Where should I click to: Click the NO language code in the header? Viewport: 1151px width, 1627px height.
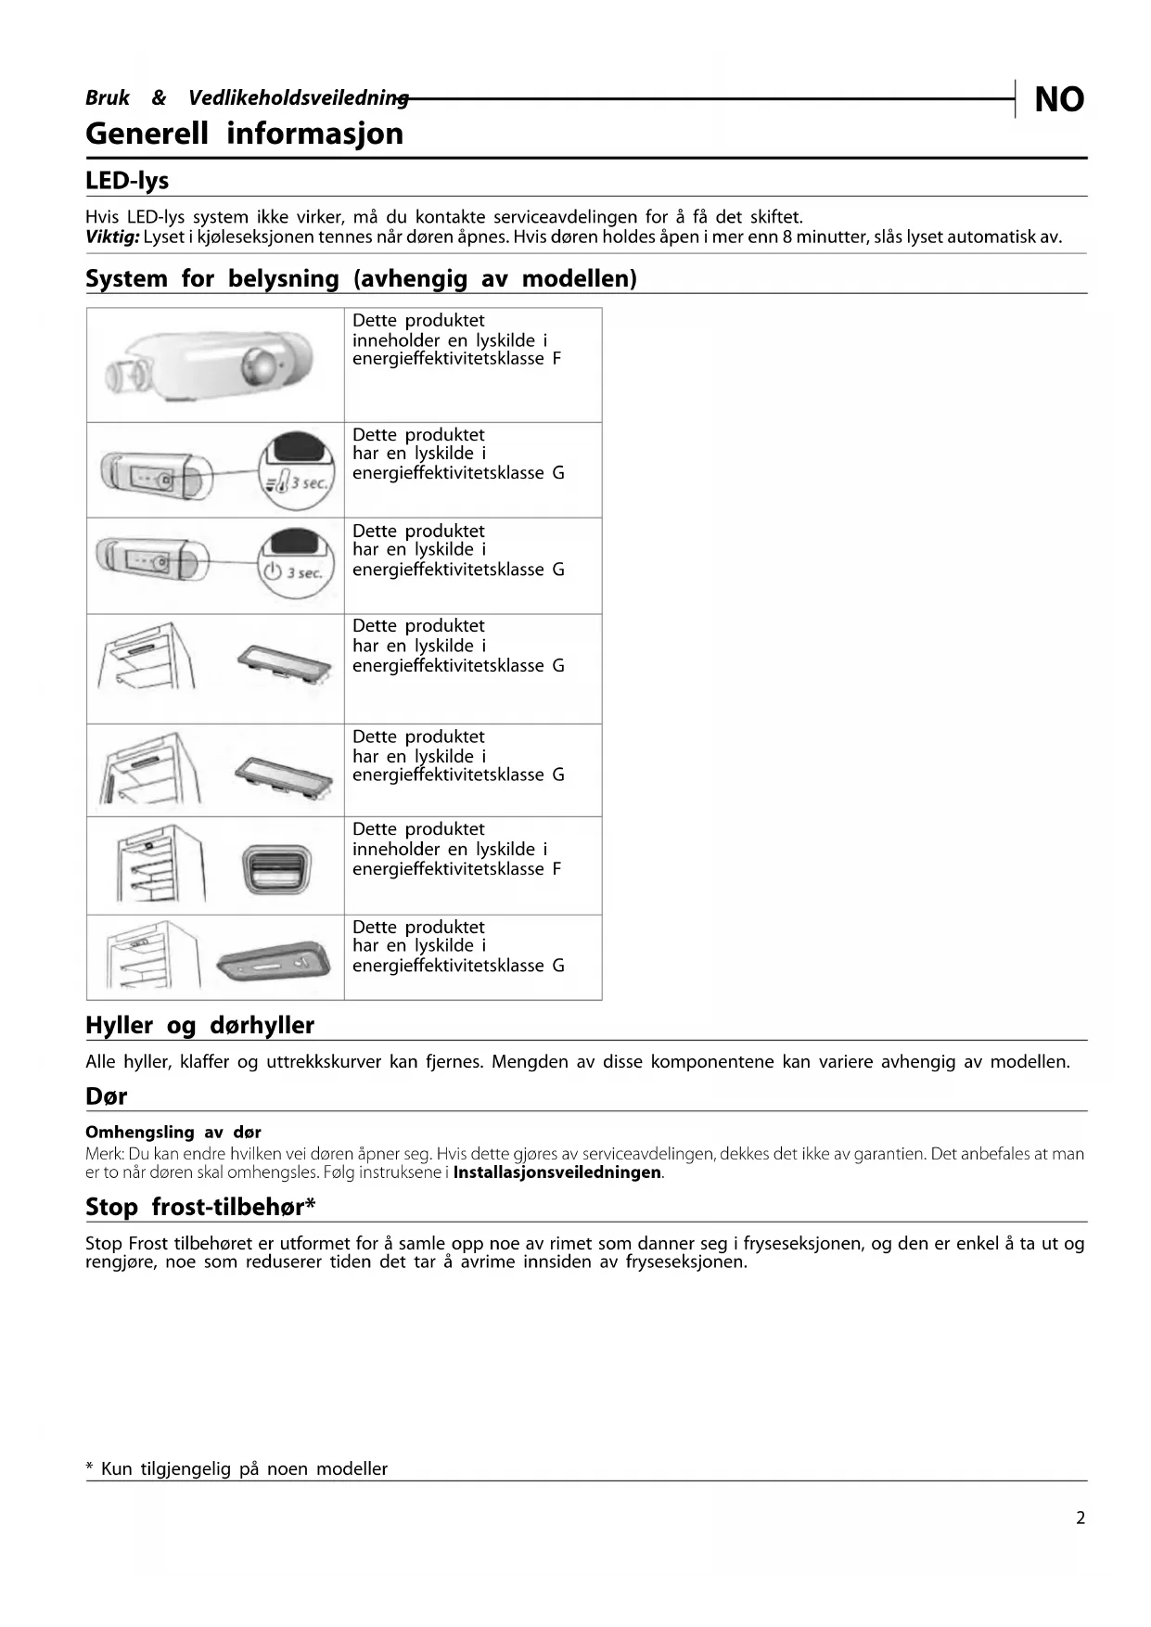pyautogui.click(x=1058, y=99)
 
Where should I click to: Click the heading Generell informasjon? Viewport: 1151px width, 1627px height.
pyautogui.click(x=244, y=134)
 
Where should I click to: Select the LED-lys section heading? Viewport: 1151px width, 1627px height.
pyautogui.click(x=127, y=180)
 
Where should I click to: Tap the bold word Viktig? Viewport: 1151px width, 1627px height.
pyautogui.click(x=112, y=237)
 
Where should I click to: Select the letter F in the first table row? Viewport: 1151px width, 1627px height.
pyautogui.click(x=556, y=359)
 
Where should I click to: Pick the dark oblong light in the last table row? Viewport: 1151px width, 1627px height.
pyautogui.click(x=274, y=961)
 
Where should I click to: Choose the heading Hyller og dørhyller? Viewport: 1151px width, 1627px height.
pyautogui.click(x=199, y=1025)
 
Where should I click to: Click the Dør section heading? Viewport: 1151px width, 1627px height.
pyautogui.click(x=106, y=1095)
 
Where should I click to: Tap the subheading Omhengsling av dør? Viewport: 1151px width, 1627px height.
pyautogui.click(x=173, y=1132)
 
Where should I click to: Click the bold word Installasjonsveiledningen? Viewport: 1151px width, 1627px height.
pyautogui.click(x=557, y=1172)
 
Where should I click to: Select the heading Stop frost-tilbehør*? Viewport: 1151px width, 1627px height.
pyautogui.click(x=200, y=1207)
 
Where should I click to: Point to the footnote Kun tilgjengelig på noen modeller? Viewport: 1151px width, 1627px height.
pyautogui.click(x=244, y=1468)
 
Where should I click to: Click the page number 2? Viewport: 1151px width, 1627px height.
pyautogui.click(x=1080, y=1518)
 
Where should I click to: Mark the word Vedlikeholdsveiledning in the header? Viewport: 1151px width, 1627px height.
pyautogui.click(x=298, y=97)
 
